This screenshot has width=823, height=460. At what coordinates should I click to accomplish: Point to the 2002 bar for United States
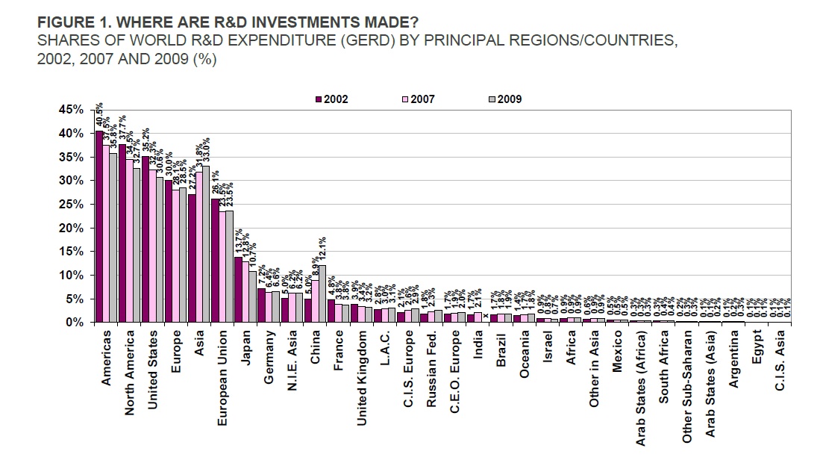(145, 239)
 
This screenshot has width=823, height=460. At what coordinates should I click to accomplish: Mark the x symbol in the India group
(486, 315)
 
